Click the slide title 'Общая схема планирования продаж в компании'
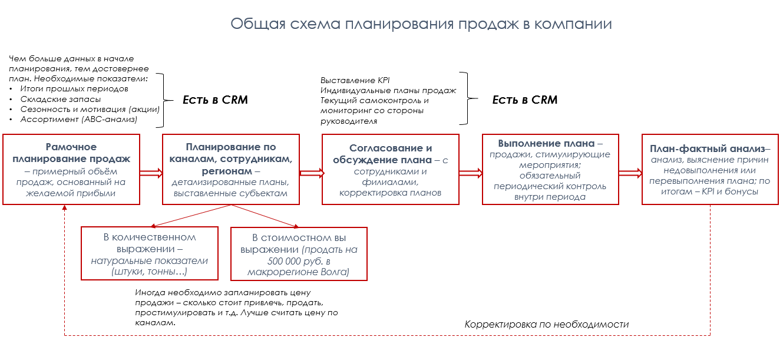[421, 24]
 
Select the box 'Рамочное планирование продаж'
[71, 170]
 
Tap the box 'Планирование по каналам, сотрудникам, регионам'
[231, 170]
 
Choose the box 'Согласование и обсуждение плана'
[391, 170]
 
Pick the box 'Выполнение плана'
[550, 170]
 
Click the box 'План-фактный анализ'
[710, 170]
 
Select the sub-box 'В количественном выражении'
[150, 254]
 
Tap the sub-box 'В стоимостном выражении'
[299, 254]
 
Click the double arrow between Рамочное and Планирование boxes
[151, 172]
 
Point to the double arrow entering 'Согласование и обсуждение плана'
[311, 173]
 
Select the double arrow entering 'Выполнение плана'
[471, 172]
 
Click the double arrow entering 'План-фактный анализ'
[630, 172]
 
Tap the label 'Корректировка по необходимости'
[546, 325]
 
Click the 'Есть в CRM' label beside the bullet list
[215, 100]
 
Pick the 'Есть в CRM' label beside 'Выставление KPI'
[525, 100]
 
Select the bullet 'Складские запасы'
[56, 99]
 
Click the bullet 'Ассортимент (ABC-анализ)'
[78, 120]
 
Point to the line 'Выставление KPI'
[355, 80]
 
